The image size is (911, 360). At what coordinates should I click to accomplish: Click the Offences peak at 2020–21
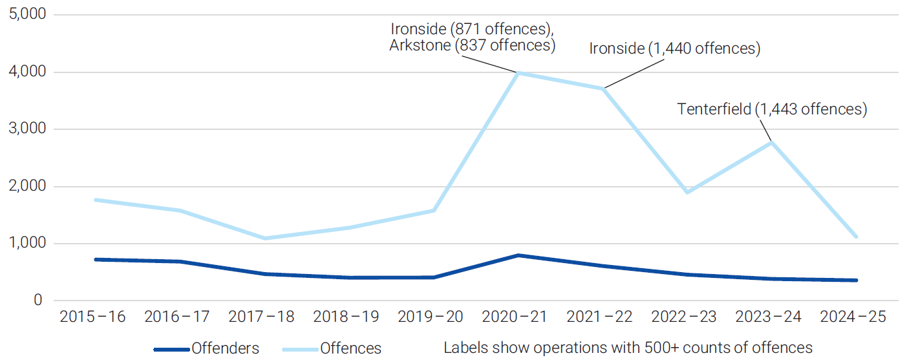518,73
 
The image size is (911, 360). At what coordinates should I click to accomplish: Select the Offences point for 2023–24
771,143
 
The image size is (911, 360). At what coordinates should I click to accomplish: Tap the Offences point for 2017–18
264,238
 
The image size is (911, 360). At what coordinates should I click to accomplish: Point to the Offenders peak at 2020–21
518,255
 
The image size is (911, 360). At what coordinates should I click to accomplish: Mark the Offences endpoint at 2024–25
856,237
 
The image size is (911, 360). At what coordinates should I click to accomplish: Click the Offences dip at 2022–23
687,192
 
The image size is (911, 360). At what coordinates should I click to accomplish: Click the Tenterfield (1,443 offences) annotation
772,109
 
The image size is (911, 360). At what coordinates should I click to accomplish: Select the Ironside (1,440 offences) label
675,48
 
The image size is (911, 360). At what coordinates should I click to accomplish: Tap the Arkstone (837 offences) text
472,45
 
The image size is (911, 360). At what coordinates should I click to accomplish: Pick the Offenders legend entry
206,348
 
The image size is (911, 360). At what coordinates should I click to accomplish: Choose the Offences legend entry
332,348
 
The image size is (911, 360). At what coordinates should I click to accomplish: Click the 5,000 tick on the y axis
27,14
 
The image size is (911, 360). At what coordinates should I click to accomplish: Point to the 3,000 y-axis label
27,129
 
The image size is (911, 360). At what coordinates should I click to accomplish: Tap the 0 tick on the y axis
38,300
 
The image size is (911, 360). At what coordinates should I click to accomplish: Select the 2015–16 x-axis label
92,317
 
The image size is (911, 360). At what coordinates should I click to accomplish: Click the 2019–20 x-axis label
431,317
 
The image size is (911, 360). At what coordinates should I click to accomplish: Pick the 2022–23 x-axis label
683,317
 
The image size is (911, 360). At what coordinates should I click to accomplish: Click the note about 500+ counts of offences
628,348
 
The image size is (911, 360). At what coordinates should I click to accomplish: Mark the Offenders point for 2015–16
96,259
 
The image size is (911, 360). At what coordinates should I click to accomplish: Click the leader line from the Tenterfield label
766,130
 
